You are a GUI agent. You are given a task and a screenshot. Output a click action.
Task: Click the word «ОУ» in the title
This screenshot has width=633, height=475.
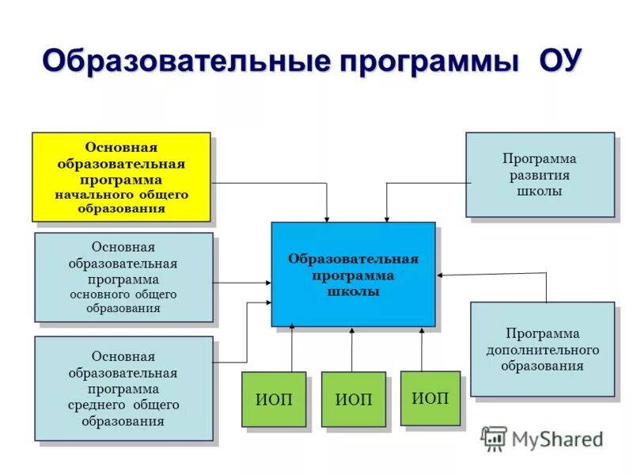tap(561, 61)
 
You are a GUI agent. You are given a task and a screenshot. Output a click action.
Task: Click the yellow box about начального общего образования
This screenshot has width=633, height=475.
tap(121, 177)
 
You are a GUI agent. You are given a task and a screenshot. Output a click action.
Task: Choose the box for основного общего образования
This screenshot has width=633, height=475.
tap(123, 277)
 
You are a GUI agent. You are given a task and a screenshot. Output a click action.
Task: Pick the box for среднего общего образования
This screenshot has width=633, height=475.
tap(123, 388)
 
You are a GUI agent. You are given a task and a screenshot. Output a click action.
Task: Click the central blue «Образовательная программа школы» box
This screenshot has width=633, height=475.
tap(353, 274)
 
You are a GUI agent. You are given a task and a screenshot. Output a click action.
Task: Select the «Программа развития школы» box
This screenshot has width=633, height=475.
tap(540, 174)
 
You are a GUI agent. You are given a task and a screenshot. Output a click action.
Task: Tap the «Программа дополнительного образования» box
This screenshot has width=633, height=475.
tap(542, 348)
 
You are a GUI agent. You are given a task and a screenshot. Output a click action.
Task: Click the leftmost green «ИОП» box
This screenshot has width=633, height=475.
tap(274, 400)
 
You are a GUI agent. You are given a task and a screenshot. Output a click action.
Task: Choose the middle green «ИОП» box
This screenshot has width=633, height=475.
tap(353, 400)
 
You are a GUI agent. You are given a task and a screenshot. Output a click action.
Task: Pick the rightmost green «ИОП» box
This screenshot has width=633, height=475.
tap(430, 397)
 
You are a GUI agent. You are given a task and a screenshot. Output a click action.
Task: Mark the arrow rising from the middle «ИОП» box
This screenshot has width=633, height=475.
tap(353, 350)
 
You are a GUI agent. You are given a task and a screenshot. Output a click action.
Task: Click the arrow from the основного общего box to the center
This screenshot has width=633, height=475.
tap(241, 283)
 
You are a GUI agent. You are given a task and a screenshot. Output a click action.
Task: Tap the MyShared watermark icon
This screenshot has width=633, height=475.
tap(494, 439)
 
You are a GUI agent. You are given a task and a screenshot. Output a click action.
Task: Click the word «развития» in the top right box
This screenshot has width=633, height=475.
tap(540, 175)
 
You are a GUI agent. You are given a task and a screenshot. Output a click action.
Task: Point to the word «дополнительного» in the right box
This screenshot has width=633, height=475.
tap(542, 349)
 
